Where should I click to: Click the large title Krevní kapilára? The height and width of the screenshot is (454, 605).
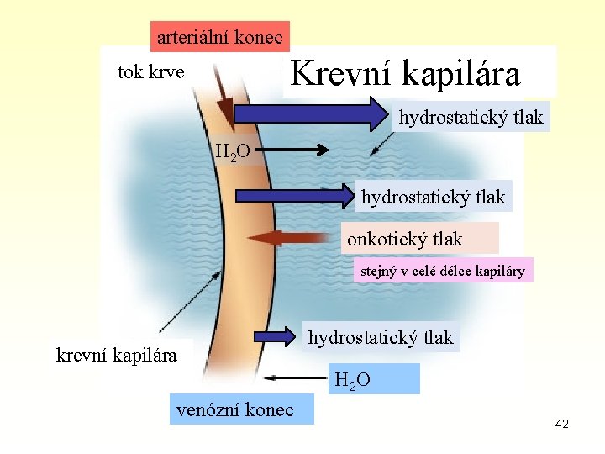[x=406, y=72]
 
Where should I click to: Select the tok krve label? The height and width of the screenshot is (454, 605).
[x=150, y=71]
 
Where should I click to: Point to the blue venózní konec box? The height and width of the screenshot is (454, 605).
[x=235, y=409]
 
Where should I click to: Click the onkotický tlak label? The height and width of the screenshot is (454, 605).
[x=405, y=239]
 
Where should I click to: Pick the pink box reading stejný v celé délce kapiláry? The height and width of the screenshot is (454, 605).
[x=443, y=271]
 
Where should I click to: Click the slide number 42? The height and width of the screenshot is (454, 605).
[x=561, y=425]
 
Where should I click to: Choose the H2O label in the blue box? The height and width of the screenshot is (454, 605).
[x=350, y=381]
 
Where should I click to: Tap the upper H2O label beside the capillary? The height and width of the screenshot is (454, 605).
[x=232, y=153]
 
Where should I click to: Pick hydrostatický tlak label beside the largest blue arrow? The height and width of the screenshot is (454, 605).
[x=471, y=117]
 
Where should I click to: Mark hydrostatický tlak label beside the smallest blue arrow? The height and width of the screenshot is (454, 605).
[x=381, y=338]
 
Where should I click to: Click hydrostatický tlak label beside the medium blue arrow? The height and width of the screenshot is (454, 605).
[x=433, y=198]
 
